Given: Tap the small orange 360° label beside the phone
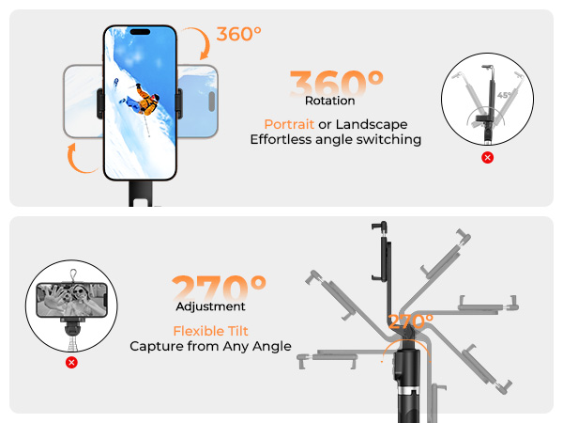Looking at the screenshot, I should click(x=239, y=35).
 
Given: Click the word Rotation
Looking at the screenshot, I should click(x=330, y=101).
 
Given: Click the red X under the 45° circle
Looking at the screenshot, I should click(x=487, y=157).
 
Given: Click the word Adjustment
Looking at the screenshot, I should click(x=210, y=306).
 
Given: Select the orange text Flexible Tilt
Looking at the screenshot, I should click(x=210, y=331).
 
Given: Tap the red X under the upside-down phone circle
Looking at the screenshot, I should click(x=71, y=362).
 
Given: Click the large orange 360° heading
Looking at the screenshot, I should click(x=336, y=83).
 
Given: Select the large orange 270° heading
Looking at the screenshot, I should click(x=220, y=288).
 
